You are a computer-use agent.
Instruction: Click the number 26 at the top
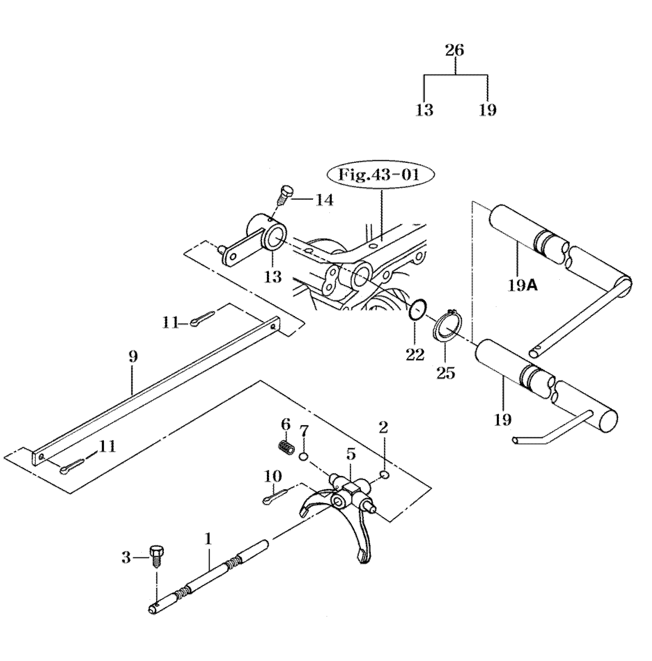tap(455, 50)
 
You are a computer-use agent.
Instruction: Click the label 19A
tap(523, 286)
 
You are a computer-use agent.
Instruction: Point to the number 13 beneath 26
tap(424, 110)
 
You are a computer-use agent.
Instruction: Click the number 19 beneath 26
tap(487, 110)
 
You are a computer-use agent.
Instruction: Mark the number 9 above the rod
tap(133, 356)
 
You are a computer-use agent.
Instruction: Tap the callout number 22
tap(415, 355)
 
